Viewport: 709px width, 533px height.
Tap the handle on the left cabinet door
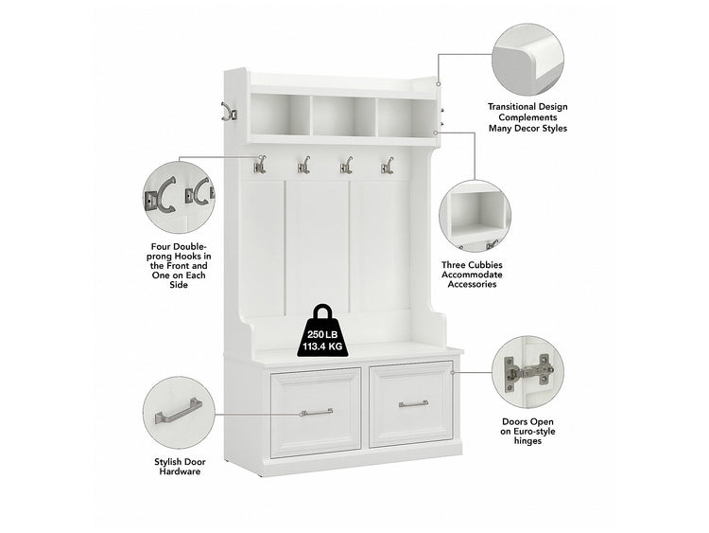coord(316,412)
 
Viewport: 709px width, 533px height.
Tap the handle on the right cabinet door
coord(413,403)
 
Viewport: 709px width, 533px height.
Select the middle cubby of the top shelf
coord(343,115)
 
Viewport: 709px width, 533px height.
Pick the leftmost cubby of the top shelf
coord(280,115)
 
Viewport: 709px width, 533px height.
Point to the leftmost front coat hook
coord(260,165)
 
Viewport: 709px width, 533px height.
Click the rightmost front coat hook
coord(387,165)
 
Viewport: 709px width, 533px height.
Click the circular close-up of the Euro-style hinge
coord(527,372)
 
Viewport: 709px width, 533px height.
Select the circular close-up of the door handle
coord(179,413)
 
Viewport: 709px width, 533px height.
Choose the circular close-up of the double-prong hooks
coord(179,198)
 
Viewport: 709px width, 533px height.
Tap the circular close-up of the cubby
coord(475,216)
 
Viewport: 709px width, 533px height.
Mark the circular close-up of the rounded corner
coord(527,61)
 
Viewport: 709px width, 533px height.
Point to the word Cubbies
coord(485,265)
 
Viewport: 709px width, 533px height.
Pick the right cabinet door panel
coord(411,404)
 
